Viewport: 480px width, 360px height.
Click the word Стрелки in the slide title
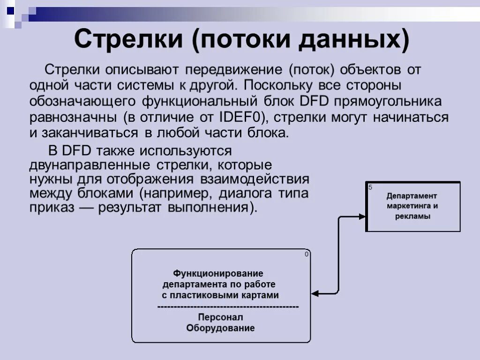(127, 39)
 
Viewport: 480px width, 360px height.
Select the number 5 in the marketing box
(370, 187)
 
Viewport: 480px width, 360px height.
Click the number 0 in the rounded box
(307, 254)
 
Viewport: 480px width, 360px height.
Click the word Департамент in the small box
(412, 196)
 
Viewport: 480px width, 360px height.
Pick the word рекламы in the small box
(412, 217)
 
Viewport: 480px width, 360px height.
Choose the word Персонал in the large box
(220, 317)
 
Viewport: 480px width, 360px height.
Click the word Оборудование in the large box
(220, 328)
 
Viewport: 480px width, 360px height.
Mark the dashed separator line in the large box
(228, 307)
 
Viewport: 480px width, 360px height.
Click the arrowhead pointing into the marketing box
(362, 217)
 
